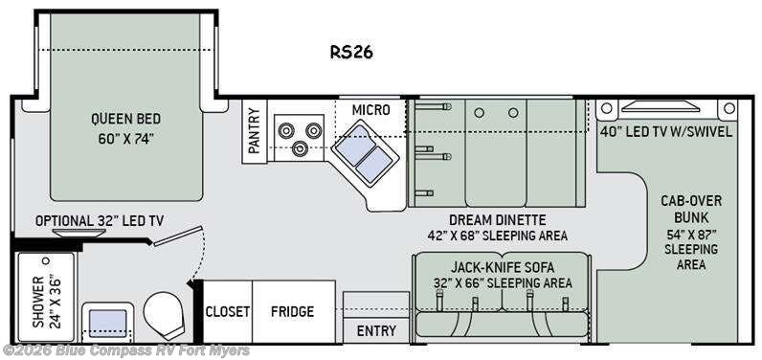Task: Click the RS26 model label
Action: pyautogui.click(x=352, y=52)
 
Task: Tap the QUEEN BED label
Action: pyautogui.click(x=125, y=118)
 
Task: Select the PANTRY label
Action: pyautogui.click(x=255, y=131)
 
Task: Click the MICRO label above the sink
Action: pyautogui.click(x=370, y=110)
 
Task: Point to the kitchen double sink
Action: pyautogui.click(x=366, y=153)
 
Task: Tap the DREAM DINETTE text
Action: pyautogui.click(x=497, y=220)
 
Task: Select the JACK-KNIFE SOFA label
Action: pyautogui.click(x=503, y=267)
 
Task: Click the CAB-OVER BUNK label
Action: pyautogui.click(x=691, y=209)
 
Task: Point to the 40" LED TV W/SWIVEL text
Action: pyautogui.click(x=665, y=132)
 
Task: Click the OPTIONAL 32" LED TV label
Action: pyautogui.click(x=100, y=221)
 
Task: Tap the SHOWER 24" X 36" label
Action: pyautogui.click(x=47, y=302)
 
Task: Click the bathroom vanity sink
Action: pyautogui.click(x=108, y=323)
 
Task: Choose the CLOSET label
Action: pyautogui.click(x=228, y=311)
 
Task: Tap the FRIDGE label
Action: pyautogui.click(x=292, y=311)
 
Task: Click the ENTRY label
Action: pyautogui.click(x=376, y=331)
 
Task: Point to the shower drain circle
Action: pyautogui.click(x=46, y=260)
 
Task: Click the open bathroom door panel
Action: pyautogui.click(x=178, y=236)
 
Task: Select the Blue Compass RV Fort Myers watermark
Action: pyautogui.click(x=126, y=350)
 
